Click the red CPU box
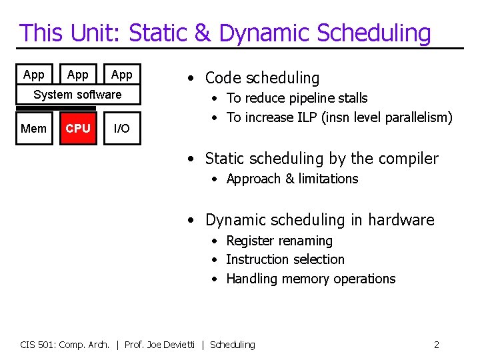[78, 128]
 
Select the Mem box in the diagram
[34, 128]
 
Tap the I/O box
[121, 128]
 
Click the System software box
[78, 95]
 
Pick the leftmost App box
[34, 75]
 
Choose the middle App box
[78, 75]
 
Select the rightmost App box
[121, 75]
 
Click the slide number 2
[436, 345]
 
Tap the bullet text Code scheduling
[262, 78]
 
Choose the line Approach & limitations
[292, 179]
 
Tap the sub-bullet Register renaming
[279, 241]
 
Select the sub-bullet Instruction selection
[285, 259]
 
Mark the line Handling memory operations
[311, 279]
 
